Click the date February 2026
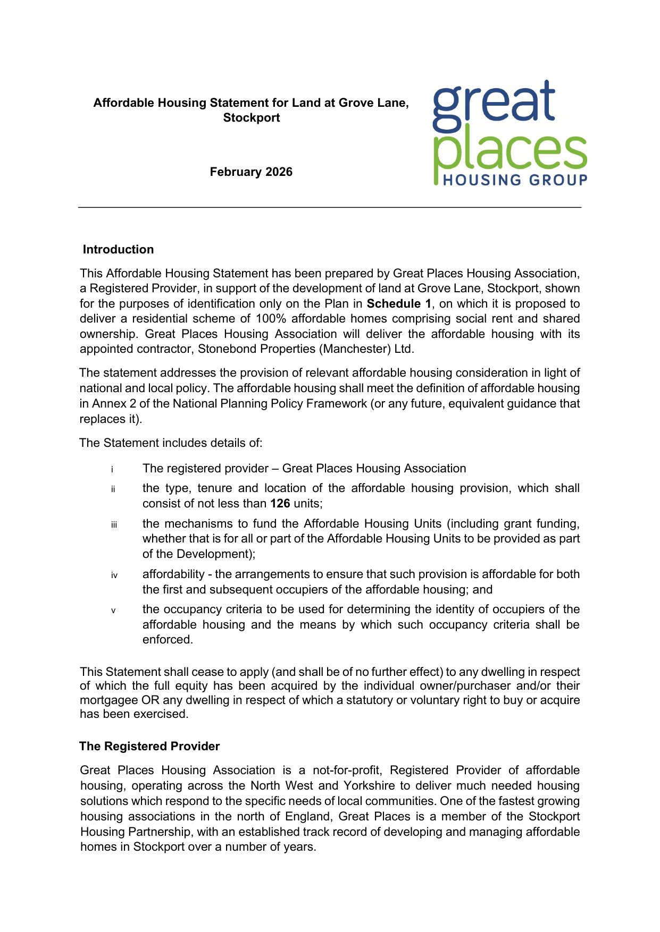[x=251, y=172]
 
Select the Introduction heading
[x=118, y=250]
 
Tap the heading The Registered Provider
[x=149, y=747]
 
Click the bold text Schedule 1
[x=399, y=304]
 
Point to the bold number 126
[x=280, y=504]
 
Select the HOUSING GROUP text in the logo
[x=515, y=181]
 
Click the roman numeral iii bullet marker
[x=114, y=525]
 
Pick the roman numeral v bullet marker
[x=113, y=611]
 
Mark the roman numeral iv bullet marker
[x=114, y=575]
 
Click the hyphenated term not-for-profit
[x=347, y=770]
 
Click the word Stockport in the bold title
[x=251, y=118]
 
